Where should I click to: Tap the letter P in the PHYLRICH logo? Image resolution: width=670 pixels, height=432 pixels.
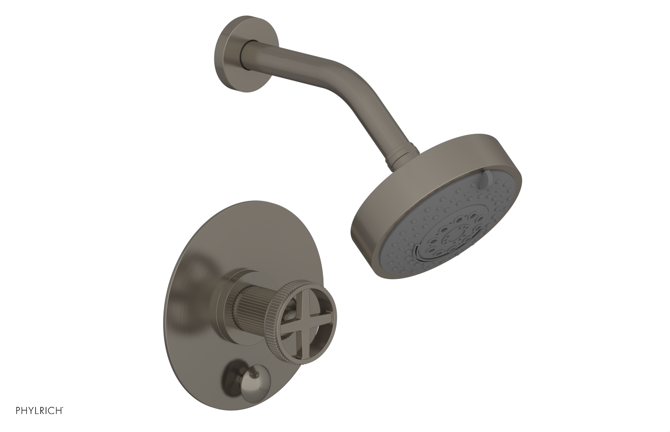[18, 421]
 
